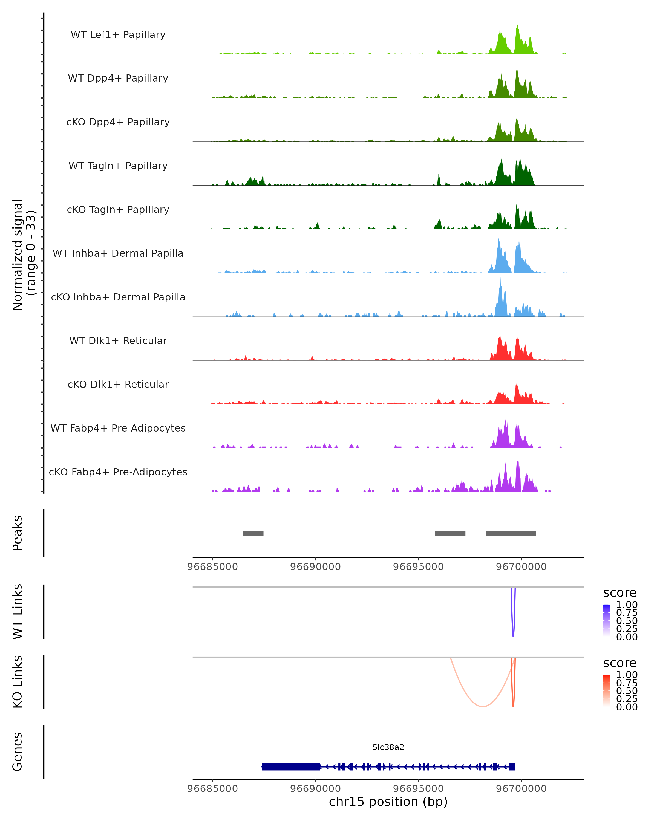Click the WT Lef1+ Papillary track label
pos(118,35)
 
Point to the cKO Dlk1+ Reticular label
pos(118,384)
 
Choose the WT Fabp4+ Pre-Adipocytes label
pos(118,428)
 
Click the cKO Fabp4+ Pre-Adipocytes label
pos(118,472)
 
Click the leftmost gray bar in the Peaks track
pos(253,533)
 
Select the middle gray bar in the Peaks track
pos(450,533)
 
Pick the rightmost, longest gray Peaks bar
pos(511,533)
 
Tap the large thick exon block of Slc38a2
pos(291,767)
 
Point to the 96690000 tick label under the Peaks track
pos(315,567)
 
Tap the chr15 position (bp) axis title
pos(388,802)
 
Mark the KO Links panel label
pos(18,682)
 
